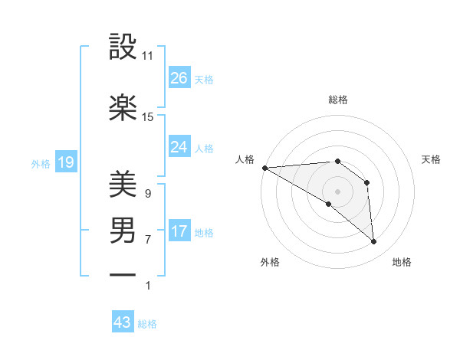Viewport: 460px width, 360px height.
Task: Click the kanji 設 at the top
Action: (123, 48)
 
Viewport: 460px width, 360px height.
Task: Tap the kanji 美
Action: (123, 183)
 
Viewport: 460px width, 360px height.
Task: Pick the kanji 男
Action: (123, 230)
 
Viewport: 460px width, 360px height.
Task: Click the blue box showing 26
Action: (179, 78)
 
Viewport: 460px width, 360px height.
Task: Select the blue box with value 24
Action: (179, 147)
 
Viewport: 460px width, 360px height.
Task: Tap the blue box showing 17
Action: (179, 232)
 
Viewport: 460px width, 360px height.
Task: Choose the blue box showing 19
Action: (65, 162)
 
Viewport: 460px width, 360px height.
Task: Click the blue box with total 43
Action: (123, 322)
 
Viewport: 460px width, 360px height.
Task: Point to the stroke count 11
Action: (148, 56)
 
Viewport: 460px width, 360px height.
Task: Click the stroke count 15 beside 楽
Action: (148, 117)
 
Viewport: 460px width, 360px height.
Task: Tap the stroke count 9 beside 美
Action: (147, 193)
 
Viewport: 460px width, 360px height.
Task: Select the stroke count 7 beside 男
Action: (147, 239)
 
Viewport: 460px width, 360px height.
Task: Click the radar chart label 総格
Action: (337, 100)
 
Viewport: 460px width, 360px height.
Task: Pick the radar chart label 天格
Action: (431, 159)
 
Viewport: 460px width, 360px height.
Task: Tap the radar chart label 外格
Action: (270, 262)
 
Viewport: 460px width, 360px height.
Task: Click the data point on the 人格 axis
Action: (264, 168)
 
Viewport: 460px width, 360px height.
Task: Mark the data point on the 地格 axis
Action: (374, 242)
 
